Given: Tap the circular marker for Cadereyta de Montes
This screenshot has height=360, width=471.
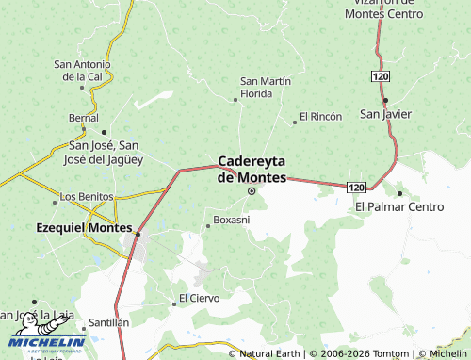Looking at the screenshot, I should coord(252,191).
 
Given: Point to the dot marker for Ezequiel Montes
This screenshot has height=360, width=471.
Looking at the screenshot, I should coord(138,234).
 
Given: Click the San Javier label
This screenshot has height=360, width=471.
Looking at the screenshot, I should coord(385,114).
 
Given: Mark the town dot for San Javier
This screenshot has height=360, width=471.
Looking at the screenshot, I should coord(385,100).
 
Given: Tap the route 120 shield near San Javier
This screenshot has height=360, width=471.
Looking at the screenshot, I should coord(380,74).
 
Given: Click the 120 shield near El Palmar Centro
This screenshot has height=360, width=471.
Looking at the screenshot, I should coord(355,188).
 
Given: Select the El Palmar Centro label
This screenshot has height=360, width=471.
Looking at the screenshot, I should coord(399,206).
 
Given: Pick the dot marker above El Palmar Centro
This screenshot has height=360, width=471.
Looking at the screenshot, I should coord(399,193).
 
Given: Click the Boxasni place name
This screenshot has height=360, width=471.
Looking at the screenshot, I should coord(232,220).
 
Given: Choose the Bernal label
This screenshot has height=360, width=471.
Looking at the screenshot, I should coord(84,118).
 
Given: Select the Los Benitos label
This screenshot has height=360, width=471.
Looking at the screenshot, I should coord(86,196).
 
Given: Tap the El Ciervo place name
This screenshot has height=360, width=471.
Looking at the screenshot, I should coord(199,298).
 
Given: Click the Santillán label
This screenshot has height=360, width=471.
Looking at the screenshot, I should coord(108,321).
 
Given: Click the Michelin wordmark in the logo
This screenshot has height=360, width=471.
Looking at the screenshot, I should coord(47,342).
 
